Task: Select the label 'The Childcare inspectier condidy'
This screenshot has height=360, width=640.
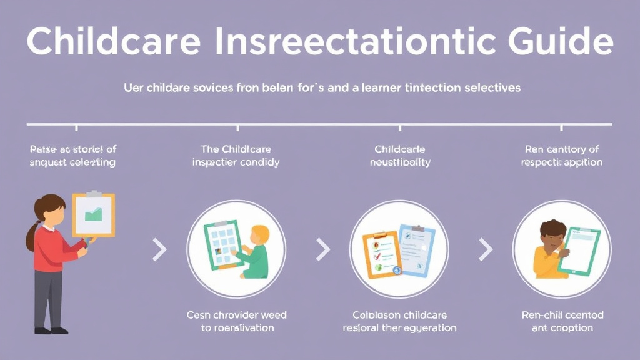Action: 236,156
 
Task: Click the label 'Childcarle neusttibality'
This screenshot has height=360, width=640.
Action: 400,156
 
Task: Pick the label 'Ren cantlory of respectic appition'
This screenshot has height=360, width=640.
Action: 561,156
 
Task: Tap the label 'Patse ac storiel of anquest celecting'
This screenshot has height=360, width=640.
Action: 72,156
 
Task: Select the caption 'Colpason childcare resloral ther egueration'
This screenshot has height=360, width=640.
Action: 399,321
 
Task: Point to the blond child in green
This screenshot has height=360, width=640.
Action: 254,253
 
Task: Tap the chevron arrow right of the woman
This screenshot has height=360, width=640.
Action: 160,250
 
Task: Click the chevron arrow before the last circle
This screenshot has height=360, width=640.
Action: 486,250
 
